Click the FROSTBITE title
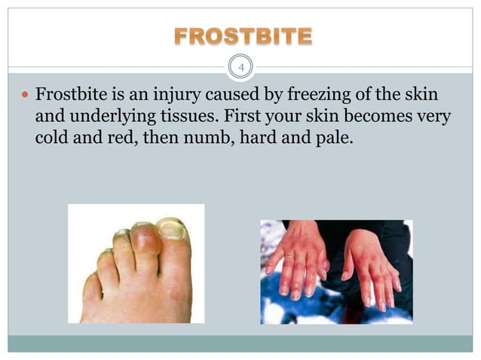240,35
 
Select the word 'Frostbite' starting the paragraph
69,96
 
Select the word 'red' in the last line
117,139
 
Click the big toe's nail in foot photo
172,229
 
